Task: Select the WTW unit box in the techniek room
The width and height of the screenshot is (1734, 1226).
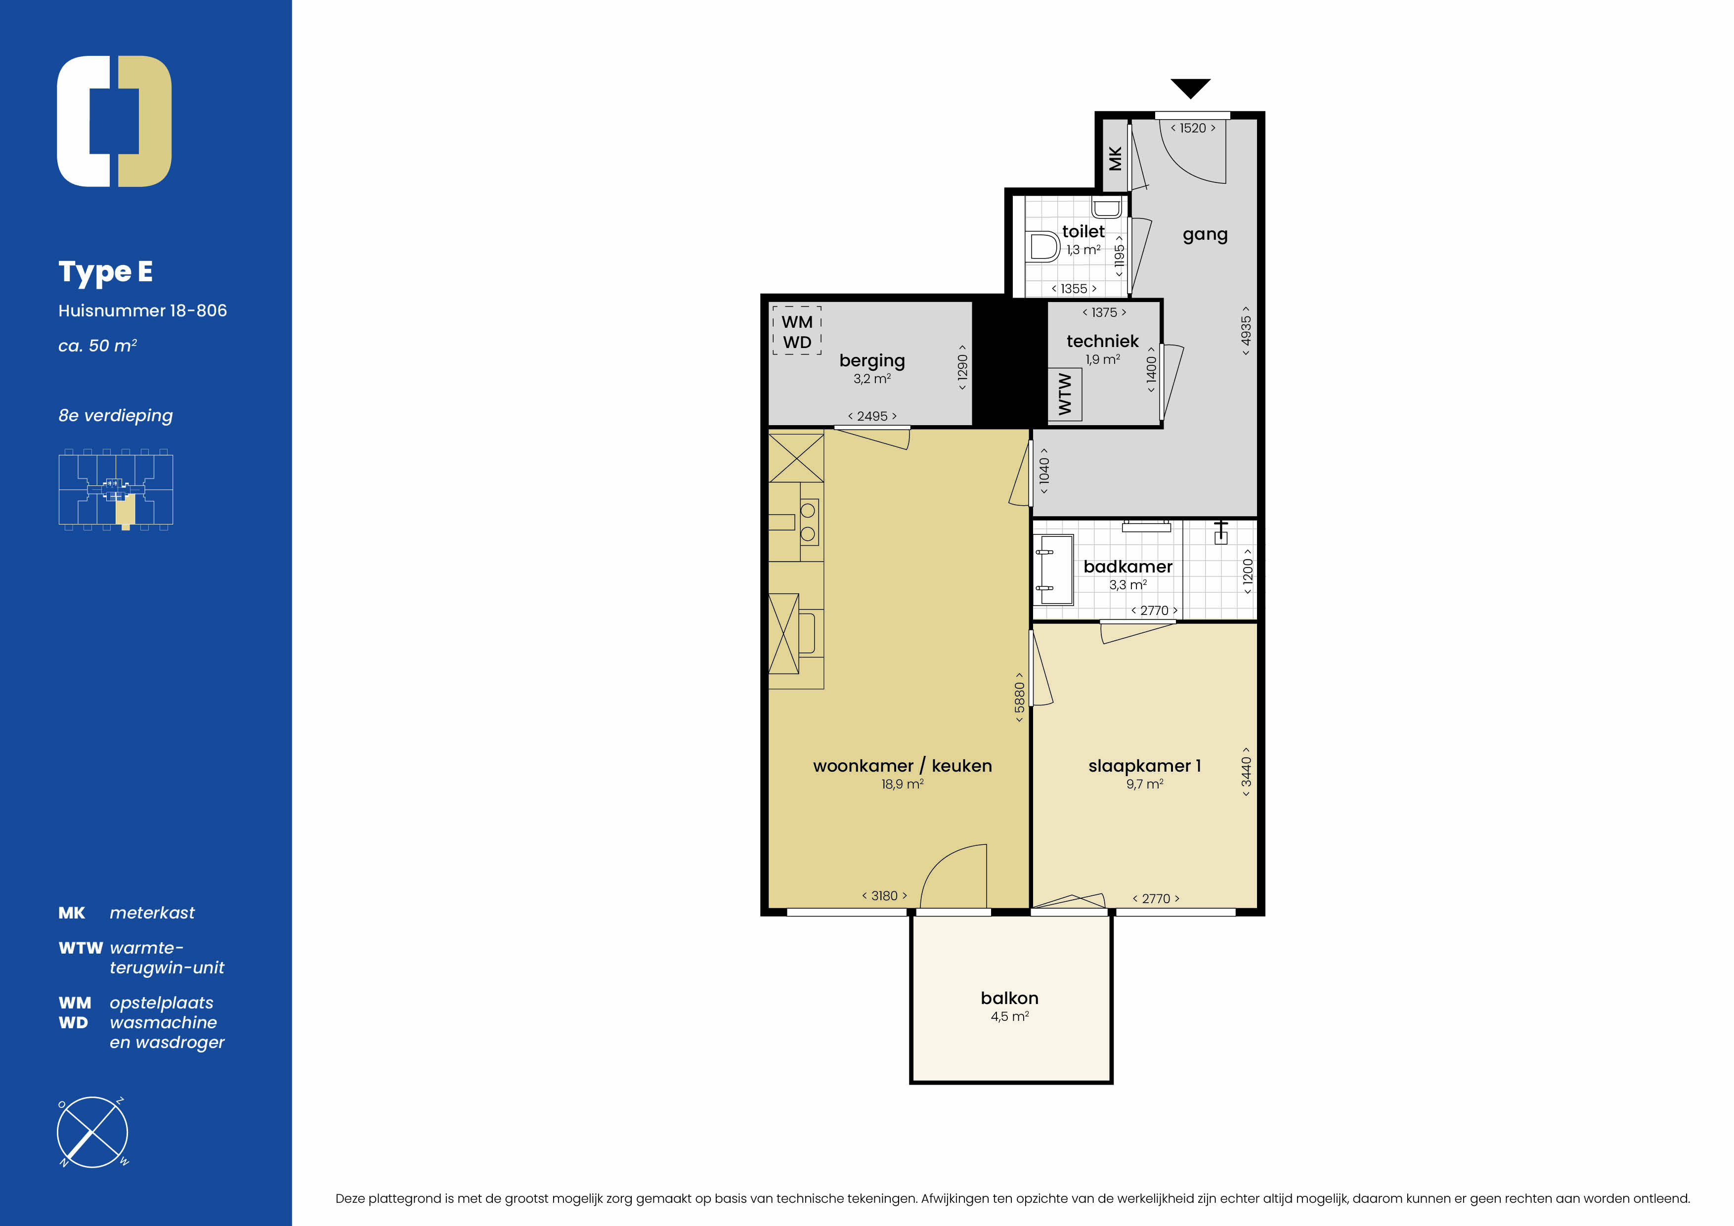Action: tap(1065, 394)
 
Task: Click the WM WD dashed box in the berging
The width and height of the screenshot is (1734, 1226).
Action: tap(797, 331)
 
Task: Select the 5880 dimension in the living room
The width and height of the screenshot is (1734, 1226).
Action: tap(1020, 697)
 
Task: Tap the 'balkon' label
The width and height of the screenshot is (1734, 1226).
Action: tap(1010, 998)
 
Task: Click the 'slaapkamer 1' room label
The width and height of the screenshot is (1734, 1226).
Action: tap(1144, 766)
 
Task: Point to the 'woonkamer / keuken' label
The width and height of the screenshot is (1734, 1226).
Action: tap(903, 766)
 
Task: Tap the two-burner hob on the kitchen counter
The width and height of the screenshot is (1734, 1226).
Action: tap(808, 522)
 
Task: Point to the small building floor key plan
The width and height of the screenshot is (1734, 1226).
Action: tap(116, 489)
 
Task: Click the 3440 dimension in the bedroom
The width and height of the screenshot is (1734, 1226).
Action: tap(1246, 771)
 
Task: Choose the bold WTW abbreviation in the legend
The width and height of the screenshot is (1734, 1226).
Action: tap(81, 948)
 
